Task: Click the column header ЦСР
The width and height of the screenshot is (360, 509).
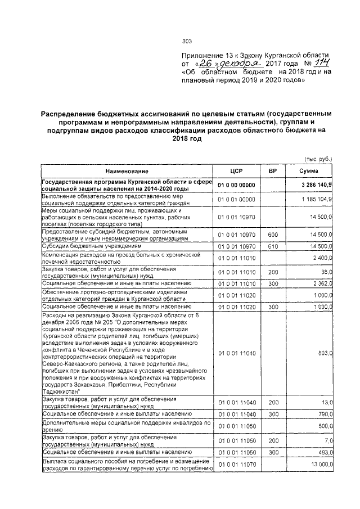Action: [x=236, y=171]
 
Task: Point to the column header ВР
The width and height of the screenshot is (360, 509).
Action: [x=273, y=171]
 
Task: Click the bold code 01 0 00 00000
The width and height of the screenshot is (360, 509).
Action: [x=236, y=185]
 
